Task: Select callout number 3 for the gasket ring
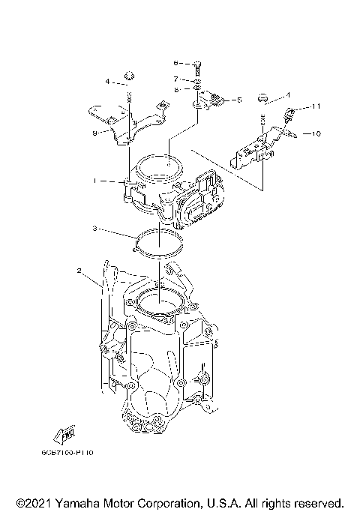[x=94, y=227]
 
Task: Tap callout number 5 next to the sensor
[x=238, y=99]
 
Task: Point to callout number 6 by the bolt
[x=175, y=63]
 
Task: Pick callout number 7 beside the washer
[x=175, y=78]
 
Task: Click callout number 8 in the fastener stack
[x=175, y=88]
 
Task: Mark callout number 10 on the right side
[x=316, y=133]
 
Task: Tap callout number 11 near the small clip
[x=316, y=106]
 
